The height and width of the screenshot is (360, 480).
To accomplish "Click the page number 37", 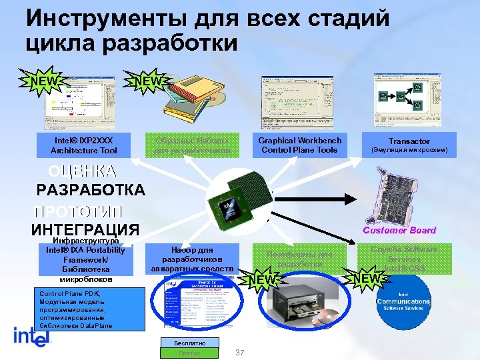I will point(241,352).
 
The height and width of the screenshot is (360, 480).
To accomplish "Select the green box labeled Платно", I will point(189,353).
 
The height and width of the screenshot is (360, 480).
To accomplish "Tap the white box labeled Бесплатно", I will point(189,343).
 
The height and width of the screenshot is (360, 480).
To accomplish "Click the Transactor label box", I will point(409,145).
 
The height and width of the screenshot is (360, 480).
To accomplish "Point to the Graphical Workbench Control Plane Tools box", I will point(299,145).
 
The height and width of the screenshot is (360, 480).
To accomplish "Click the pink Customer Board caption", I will point(399,230).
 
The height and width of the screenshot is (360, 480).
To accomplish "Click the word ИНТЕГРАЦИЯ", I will point(85,230).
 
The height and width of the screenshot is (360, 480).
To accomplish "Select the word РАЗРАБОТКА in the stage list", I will point(90,190).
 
